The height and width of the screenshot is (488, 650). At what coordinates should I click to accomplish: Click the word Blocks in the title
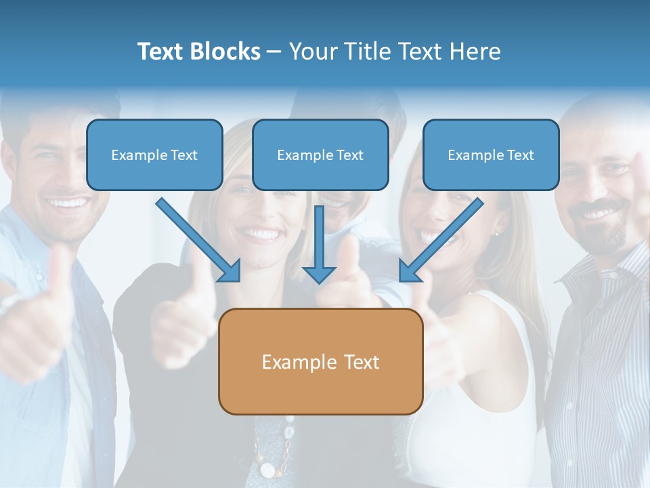[x=227, y=52]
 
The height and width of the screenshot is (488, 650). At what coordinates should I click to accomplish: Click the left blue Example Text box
[x=154, y=155]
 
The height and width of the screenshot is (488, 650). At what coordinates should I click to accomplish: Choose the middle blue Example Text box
[x=320, y=155]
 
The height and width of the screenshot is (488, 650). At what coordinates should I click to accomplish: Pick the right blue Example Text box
[x=491, y=155]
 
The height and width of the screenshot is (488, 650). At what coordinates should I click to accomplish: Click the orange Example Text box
[x=320, y=361]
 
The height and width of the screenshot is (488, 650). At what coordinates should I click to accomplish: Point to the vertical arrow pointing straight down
[x=319, y=244]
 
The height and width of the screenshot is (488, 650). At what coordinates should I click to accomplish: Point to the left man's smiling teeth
[x=68, y=203]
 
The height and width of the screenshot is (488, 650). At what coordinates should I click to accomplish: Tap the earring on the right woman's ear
[x=496, y=232]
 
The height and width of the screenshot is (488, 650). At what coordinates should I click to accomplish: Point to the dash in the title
[x=274, y=52]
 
